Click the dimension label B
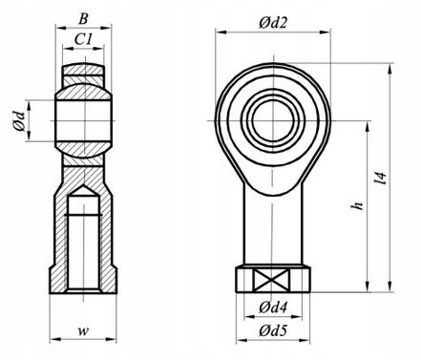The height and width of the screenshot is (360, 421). point(83,19)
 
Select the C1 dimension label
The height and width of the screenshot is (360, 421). point(83,39)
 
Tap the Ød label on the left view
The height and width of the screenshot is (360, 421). point(19,121)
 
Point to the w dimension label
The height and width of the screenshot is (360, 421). point(83,331)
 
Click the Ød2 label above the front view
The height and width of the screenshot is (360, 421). point(273,23)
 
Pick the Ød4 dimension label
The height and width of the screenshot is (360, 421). point(273,307)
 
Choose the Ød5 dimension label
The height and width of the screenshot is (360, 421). point(273,331)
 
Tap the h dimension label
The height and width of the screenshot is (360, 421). point(358,205)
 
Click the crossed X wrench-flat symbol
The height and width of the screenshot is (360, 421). point(271,280)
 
